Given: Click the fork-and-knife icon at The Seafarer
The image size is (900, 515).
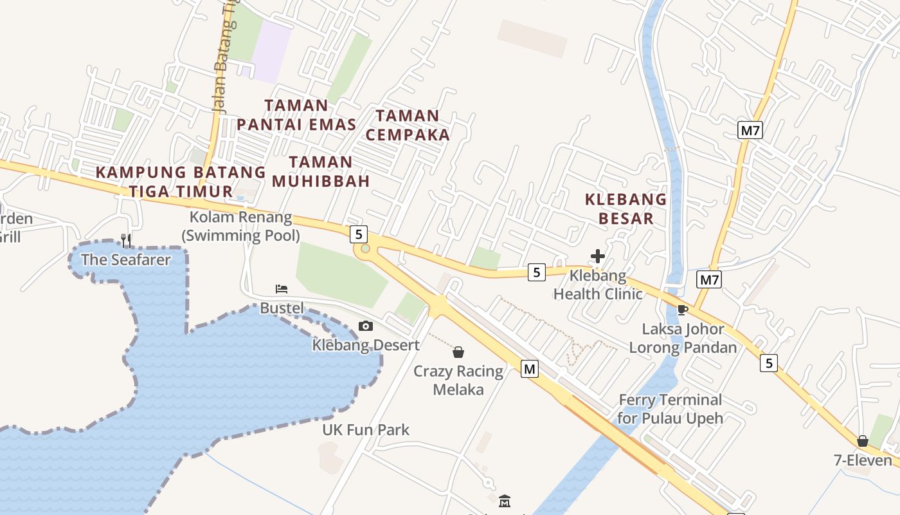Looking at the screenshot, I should pyautogui.click(x=126, y=241).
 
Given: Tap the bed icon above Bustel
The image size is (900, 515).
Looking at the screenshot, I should pyautogui.click(x=281, y=289).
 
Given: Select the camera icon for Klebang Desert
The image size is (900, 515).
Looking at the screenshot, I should pyautogui.click(x=366, y=326).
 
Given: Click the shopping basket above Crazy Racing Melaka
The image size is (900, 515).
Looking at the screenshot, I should pyautogui.click(x=458, y=352).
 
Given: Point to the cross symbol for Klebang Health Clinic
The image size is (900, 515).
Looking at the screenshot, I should pyautogui.click(x=598, y=256).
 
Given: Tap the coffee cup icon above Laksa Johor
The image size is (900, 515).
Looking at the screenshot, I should pyautogui.click(x=683, y=310).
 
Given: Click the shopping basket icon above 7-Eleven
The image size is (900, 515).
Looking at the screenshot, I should pyautogui.click(x=863, y=441).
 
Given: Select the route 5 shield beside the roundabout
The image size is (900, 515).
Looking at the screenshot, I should pyautogui.click(x=359, y=234).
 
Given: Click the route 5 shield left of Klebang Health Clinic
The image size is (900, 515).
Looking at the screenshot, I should pyautogui.click(x=537, y=272).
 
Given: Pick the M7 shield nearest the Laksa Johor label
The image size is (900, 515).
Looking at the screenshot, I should pyautogui.click(x=709, y=279).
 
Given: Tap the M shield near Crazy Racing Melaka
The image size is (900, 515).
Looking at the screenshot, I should pyautogui.click(x=529, y=369).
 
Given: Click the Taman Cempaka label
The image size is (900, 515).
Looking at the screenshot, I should pyautogui.click(x=408, y=126).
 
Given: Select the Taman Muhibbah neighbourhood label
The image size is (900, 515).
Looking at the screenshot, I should pyautogui.click(x=321, y=172).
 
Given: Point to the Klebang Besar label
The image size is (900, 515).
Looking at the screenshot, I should pyautogui.click(x=625, y=209).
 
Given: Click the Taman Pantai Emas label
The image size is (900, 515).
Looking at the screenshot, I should pyautogui.click(x=296, y=115).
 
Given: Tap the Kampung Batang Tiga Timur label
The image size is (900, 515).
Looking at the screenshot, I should pyautogui.click(x=181, y=182).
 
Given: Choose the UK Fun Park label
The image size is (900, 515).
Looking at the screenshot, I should pyautogui.click(x=366, y=429).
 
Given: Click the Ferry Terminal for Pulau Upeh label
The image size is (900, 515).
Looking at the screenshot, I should pyautogui.click(x=670, y=409).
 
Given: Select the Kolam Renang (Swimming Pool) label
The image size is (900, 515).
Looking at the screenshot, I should pyautogui.click(x=240, y=226).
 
